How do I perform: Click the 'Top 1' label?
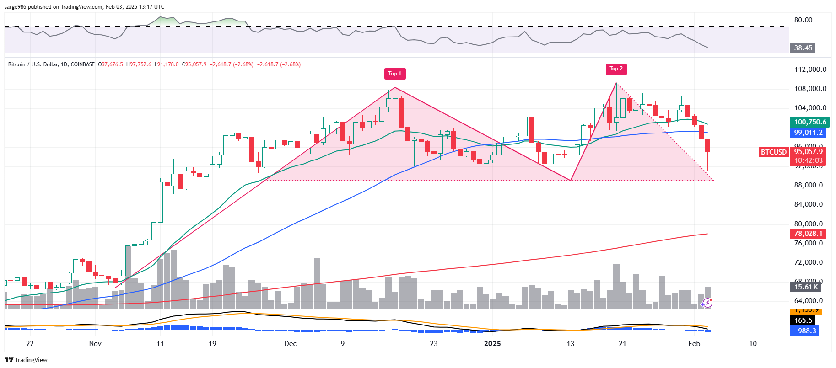pos(394,74)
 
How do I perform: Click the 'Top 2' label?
pos(616,69)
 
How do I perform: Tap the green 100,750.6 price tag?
pos(810,122)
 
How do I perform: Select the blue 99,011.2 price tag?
pos(808,133)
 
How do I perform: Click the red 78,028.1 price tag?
pos(808,234)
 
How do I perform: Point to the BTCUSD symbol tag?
pos(773,152)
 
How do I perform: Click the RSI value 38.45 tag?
pos(803,48)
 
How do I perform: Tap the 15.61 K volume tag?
pos(806,287)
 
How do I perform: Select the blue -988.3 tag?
pos(805,331)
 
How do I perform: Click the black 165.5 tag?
pos(803,320)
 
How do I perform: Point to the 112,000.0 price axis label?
pos(810,69)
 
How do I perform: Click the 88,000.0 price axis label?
pos(808,185)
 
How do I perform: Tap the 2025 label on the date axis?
pos(492,344)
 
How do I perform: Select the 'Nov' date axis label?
pos(95,344)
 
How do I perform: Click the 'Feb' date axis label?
pos(694,344)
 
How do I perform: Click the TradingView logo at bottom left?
pos(26,360)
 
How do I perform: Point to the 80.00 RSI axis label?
pos(803,20)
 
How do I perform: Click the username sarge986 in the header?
pos(15,7)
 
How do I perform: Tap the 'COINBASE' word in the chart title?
pos(83,64)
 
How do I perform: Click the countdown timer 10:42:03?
pos(808,160)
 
